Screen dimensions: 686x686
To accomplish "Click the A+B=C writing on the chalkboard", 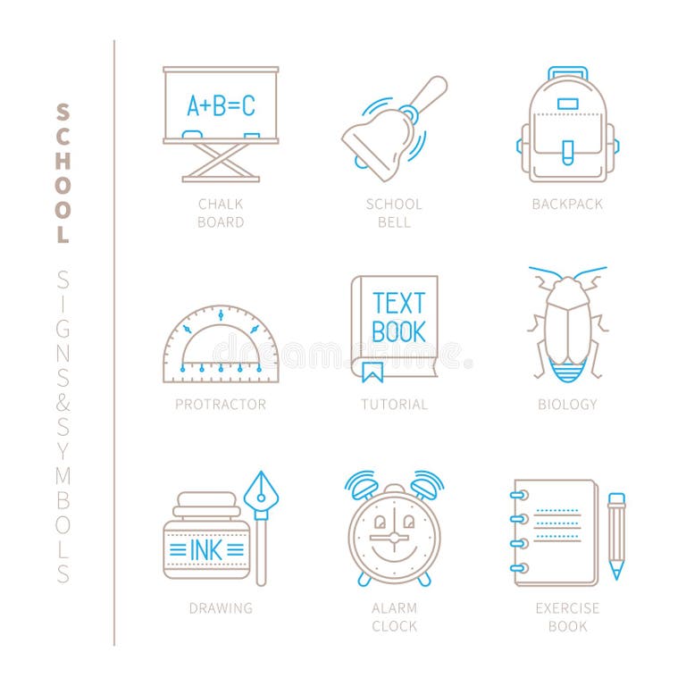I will point(220,106).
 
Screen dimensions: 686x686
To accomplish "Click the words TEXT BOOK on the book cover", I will point(398,317).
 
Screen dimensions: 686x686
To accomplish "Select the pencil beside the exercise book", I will point(616,535).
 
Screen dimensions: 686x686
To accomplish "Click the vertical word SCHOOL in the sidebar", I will point(63,173).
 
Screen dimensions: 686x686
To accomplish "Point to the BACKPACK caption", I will point(567,205).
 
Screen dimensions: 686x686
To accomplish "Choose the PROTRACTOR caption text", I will point(221,405).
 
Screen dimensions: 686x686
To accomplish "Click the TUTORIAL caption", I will point(394,405).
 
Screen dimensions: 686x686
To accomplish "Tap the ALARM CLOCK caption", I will point(394,617).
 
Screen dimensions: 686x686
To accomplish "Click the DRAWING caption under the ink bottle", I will point(221,608).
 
